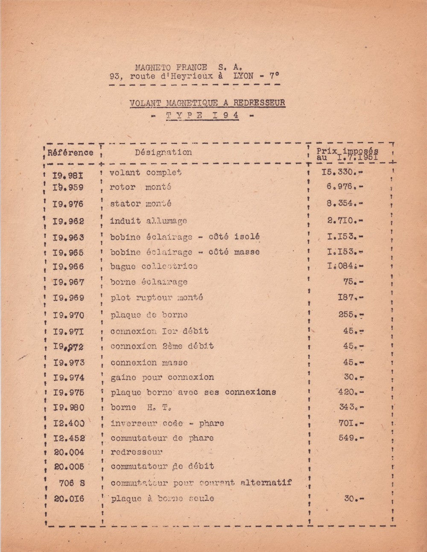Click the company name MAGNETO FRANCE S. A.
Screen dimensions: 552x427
pos(188,67)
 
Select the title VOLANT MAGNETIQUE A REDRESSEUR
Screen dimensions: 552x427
pos(207,103)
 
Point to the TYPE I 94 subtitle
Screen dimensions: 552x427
pos(202,115)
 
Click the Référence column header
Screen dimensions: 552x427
pos(70,152)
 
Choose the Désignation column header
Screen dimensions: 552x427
pos(164,152)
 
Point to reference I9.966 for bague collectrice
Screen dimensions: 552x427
pos(68,267)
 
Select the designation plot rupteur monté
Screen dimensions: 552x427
pos(156,298)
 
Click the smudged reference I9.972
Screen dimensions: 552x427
pos(68,347)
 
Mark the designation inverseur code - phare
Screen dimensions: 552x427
pos(167,423)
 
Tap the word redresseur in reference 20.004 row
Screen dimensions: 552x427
pos(136,452)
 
